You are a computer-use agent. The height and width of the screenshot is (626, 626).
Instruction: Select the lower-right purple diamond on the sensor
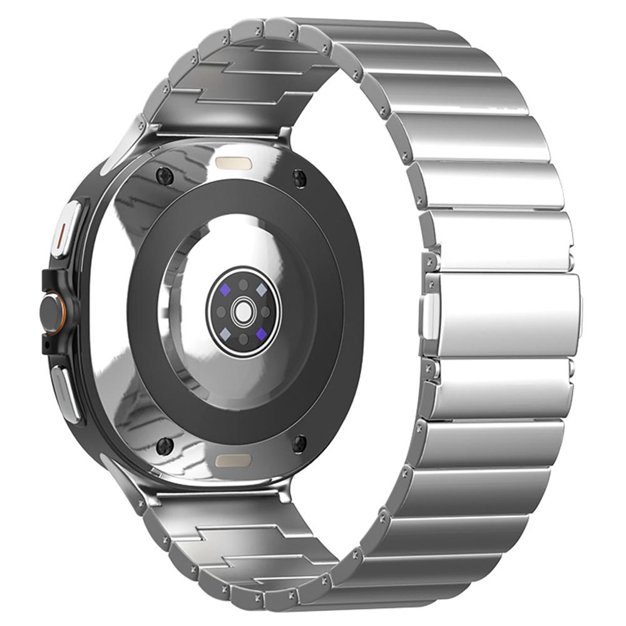[x=259, y=332]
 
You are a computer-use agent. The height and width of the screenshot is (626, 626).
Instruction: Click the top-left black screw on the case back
[x=165, y=175]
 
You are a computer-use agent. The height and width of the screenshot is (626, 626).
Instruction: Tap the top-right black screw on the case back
[x=299, y=177]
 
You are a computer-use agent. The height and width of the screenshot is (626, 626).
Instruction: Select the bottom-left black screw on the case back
[x=165, y=445]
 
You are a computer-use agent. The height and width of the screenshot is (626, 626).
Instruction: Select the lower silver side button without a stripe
[x=65, y=392]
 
